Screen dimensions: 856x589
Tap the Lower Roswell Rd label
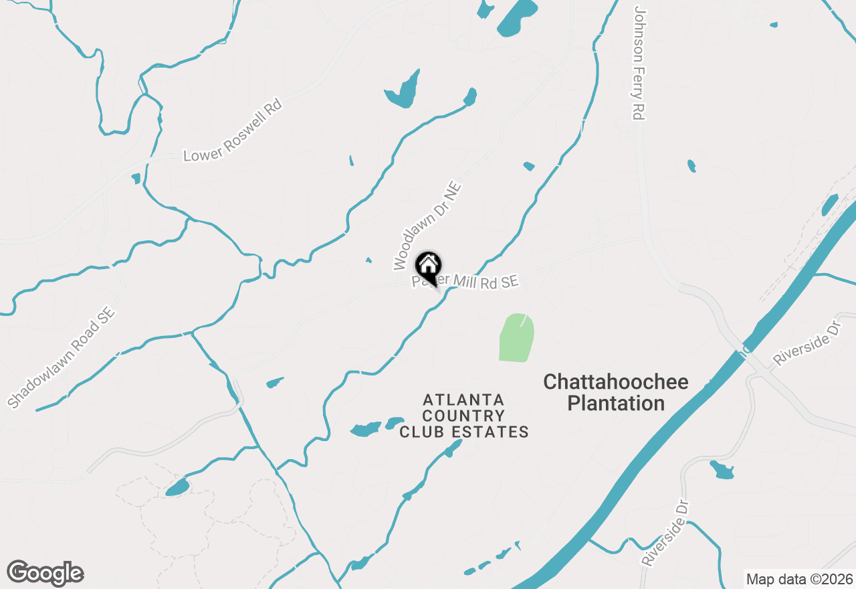click(x=233, y=131)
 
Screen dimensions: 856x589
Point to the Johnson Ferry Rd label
click(x=639, y=64)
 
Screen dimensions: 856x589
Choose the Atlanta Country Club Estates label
click(x=464, y=416)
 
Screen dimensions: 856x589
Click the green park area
click(x=517, y=338)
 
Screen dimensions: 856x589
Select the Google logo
click(x=45, y=574)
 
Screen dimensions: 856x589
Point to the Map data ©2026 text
click(x=799, y=579)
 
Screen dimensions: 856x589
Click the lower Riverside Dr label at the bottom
click(x=665, y=532)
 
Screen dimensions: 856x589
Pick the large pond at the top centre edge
click(x=517, y=17)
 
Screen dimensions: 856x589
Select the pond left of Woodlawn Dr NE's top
click(x=403, y=91)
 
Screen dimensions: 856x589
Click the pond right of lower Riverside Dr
click(x=722, y=470)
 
